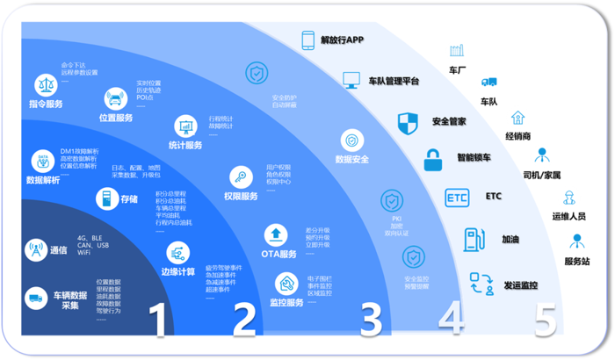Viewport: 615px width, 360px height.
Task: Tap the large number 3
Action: tap(371, 320)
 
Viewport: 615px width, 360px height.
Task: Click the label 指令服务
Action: tap(46, 104)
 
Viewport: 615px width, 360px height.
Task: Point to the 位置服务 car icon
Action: tap(115, 97)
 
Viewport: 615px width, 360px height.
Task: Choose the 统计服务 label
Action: tap(185, 146)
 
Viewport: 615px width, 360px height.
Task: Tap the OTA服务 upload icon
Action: tap(276, 234)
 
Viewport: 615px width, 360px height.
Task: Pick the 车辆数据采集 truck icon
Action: tap(36, 299)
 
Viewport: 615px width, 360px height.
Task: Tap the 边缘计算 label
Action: tap(179, 271)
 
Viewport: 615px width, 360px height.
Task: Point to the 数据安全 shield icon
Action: tap(352, 140)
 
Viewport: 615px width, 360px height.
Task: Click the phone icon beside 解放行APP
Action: tap(308, 40)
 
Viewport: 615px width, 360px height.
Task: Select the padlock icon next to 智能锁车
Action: tap(432, 160)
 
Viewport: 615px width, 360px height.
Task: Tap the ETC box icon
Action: tap(457, 197)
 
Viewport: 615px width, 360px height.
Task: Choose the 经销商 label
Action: tap(517, 137)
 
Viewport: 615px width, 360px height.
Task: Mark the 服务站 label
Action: tap(576, 262)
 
